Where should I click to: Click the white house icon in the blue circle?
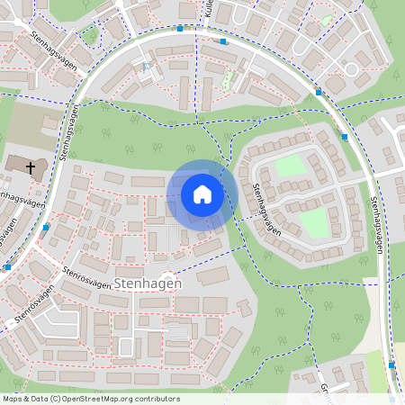(202, 193)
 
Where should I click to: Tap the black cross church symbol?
(30, 167)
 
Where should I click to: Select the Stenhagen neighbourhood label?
(148, 283)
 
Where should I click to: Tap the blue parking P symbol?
(147, 66)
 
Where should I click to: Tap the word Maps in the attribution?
(13, 399)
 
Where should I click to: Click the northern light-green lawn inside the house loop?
(290, 166)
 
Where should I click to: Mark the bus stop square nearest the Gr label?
(391, 365)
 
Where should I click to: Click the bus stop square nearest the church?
(45, 228)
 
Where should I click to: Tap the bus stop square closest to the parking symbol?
(180, 29)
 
